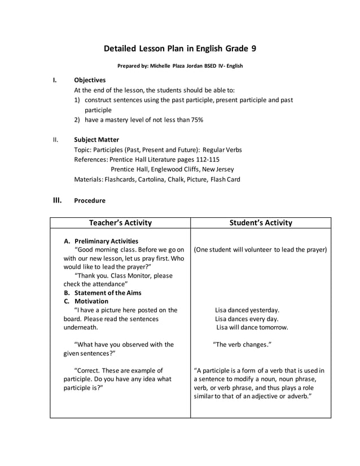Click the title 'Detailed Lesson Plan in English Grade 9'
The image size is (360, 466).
coord(180,49)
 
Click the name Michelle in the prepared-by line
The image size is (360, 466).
coord(161,66)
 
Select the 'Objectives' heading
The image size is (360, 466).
coord(90,80)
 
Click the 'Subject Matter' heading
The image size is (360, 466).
coord(96,139)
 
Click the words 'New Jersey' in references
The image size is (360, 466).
coord(221,169)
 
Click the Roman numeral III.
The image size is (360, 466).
coord(57,200)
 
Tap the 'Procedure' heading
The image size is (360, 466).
coord(90,200)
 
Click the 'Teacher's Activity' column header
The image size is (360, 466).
coord(120,223)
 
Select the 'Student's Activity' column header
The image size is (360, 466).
coord(261,223)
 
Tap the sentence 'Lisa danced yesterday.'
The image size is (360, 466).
coord(247,310)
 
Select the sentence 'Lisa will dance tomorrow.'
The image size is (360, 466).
coord(252,327)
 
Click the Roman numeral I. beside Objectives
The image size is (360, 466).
coord(55,80)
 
